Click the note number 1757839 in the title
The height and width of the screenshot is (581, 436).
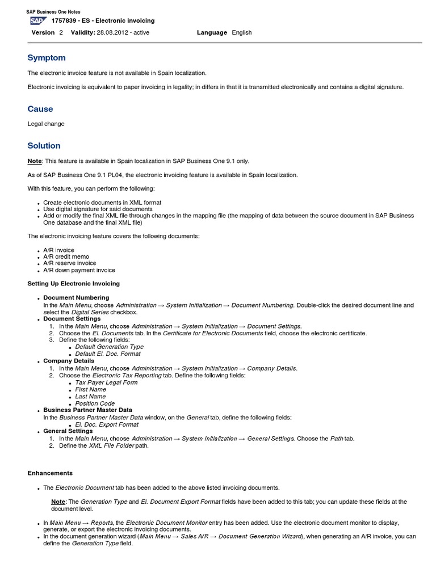point(64,21)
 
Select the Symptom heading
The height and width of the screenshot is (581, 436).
point(47,58)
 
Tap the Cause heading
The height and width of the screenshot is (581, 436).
point(40,109)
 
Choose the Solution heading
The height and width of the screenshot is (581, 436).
point(44,146)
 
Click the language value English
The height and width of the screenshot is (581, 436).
point(242,33)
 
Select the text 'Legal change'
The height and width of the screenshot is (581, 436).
point(46,124)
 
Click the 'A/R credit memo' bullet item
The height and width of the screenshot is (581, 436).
point(66,257)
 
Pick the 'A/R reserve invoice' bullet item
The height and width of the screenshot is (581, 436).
point(69,263)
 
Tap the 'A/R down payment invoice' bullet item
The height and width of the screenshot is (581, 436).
point(79,270)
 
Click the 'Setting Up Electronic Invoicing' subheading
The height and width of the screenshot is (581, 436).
point(74,284)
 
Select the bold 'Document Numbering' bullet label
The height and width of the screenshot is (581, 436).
point(76,298)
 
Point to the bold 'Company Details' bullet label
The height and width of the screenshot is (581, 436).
point(69,361)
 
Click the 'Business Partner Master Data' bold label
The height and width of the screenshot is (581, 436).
point(87,410)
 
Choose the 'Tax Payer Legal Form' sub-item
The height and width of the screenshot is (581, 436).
point(106,382)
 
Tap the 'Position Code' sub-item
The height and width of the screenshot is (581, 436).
point(95,403)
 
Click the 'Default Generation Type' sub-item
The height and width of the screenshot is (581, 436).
point(109,347)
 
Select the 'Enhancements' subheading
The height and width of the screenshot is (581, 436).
point(50,473)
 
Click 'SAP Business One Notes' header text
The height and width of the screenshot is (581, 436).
point(54,12)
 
